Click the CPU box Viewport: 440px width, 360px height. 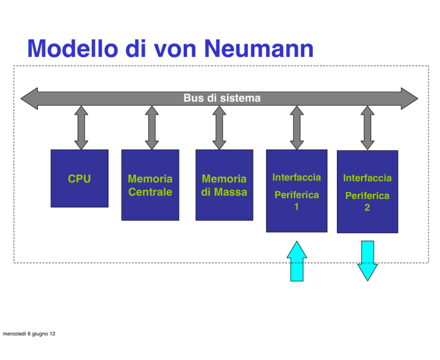tap(80, 178)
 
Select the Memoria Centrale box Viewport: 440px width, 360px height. tap(150, 185)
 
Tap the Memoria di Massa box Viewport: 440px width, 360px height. tap(224, 185)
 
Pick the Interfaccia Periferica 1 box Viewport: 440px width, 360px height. tap(297, 191)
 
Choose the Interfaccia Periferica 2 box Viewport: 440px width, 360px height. tap(367, 191)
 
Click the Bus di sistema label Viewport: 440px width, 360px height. tap(222, 98)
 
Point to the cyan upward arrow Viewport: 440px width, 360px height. tap(297, 261)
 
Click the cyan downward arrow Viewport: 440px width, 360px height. tap(367, 261)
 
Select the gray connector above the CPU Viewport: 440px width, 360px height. tap(81, 128)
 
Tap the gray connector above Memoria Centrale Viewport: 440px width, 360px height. tap(152, 128)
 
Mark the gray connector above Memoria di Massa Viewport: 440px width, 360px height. tap(219, 128)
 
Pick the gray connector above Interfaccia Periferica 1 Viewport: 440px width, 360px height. tap(297, 128)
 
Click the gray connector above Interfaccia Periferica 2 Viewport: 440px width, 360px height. tap(367, 128)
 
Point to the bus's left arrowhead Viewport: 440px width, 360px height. tap(29, 99)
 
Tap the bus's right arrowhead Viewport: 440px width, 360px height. tap(410, 99)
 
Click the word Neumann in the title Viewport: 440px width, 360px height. tap(258, 49)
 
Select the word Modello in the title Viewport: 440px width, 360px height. tap(73, 49)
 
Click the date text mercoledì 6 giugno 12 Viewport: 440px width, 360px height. tap(29, 334)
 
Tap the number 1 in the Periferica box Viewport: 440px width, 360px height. tap(296, 207)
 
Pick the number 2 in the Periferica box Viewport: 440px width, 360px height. tap(367, 208)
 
